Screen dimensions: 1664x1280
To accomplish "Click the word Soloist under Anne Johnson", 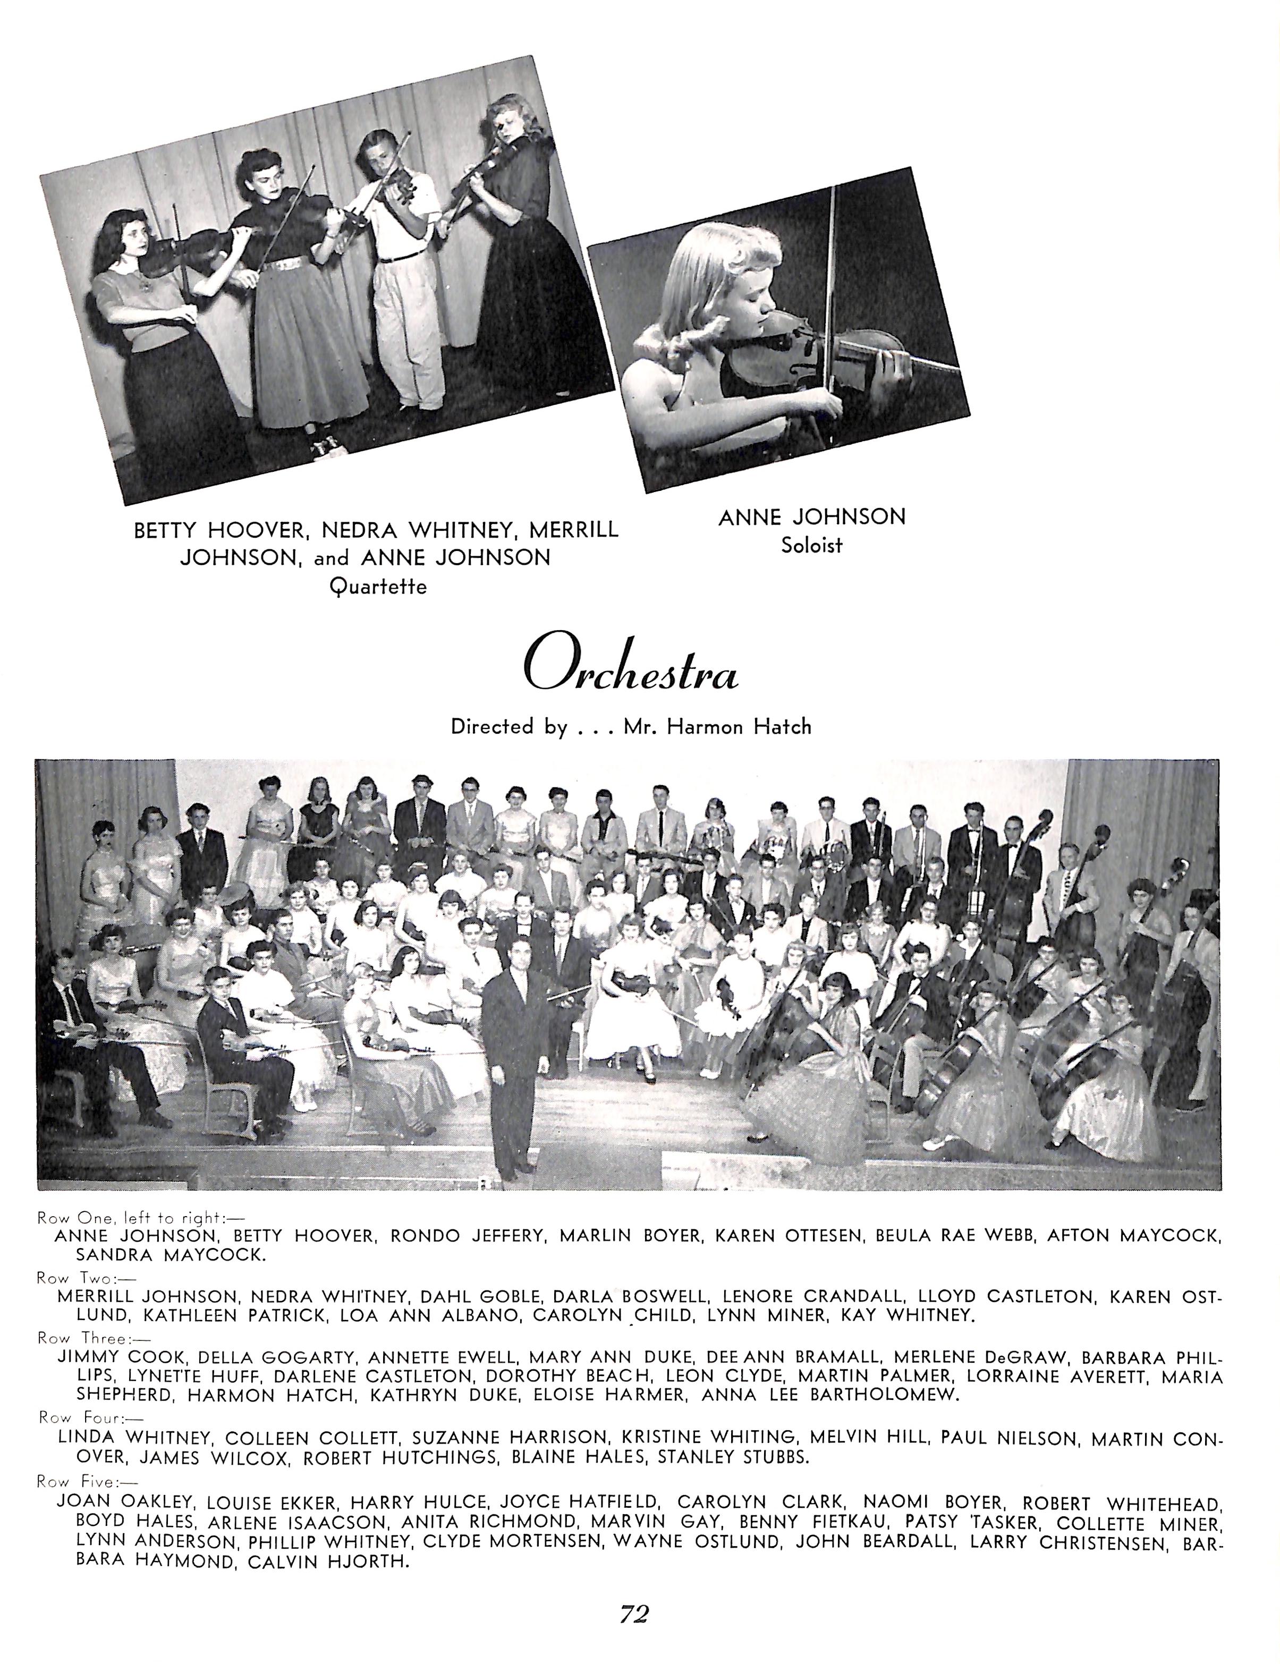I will [811, 546].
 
